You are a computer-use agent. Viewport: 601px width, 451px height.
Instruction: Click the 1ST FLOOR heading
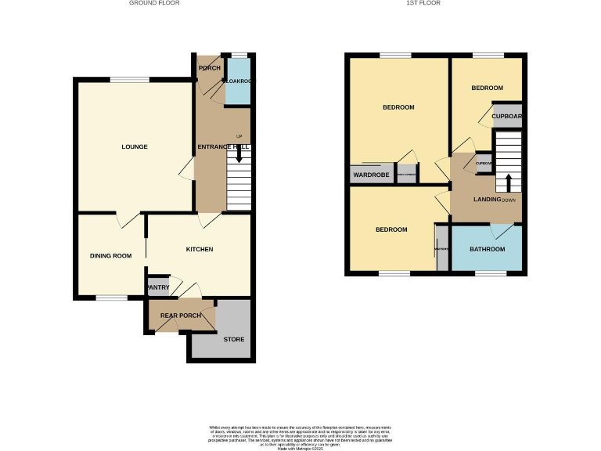click(x=423, y=3)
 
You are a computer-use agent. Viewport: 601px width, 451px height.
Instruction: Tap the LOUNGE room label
click(x=134, y=146)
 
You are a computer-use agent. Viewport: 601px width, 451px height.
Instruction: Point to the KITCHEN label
click(x=199, y=249)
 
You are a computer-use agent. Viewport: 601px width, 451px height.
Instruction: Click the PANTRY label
click(x=157, y=287)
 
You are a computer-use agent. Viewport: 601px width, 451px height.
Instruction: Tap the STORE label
click(x=234, y=339)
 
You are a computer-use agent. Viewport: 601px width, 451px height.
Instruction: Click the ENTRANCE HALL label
click(x=222, y=146)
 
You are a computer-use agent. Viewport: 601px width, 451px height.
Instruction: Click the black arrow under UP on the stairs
click(x=239, y=156)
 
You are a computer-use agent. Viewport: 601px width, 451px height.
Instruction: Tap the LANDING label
click(x=487, y=200)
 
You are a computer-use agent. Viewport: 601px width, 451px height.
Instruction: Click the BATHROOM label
click(x=487, y=249)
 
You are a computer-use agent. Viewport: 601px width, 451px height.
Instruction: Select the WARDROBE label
click(x=371, y=174)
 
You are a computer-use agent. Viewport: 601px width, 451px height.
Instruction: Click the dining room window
click(x=112, y=298)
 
